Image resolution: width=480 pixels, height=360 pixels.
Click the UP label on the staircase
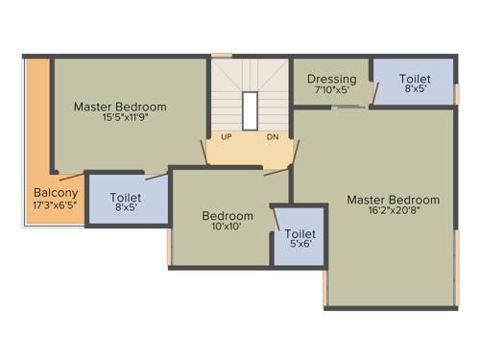227,137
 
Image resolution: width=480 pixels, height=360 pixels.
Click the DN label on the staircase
273,137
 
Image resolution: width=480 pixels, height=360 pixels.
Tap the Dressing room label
331,79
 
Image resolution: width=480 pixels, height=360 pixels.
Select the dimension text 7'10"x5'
331,91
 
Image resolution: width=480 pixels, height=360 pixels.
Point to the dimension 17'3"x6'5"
56,205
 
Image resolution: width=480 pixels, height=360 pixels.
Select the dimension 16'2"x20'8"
393,213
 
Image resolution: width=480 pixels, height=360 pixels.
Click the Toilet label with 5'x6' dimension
300,233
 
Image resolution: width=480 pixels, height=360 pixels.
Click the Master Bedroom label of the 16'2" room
393,200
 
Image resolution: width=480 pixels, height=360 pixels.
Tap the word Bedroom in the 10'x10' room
228,216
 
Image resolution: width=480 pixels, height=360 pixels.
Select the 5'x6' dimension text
300,246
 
